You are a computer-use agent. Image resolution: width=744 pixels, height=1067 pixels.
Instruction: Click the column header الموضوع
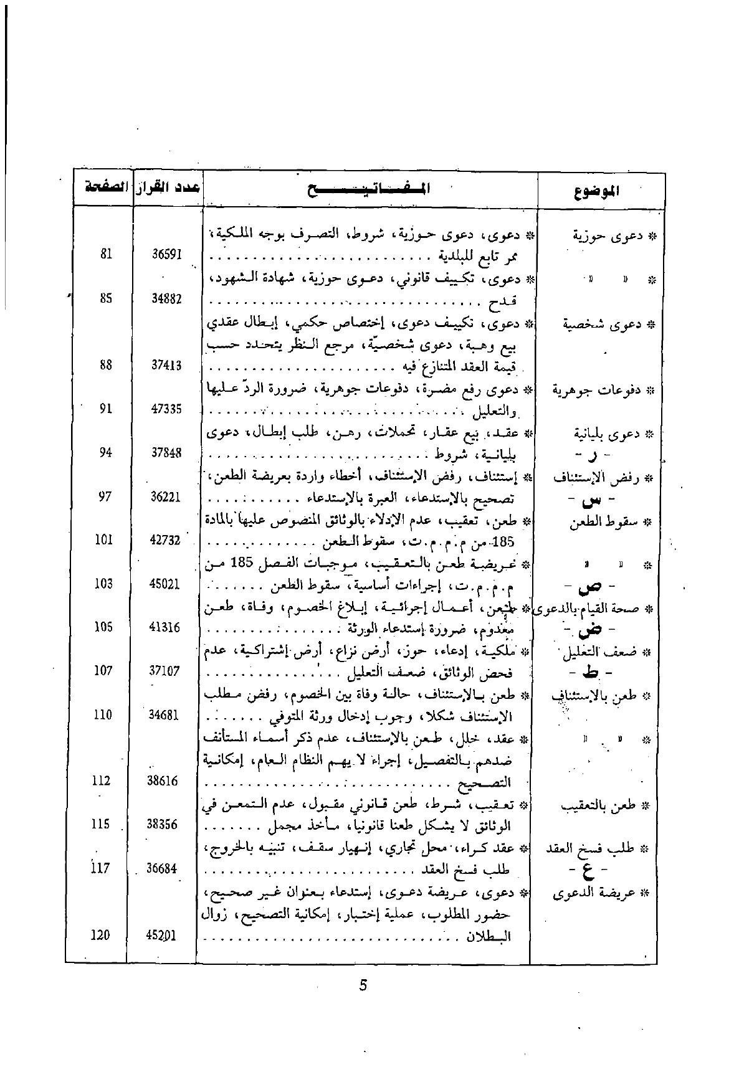click(597, 190)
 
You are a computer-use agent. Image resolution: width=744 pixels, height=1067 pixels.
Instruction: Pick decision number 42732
click(166, 540)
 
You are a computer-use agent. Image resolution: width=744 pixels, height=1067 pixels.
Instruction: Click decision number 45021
click(165, 584)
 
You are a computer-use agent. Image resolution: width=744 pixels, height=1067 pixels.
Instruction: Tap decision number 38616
click(163, 780)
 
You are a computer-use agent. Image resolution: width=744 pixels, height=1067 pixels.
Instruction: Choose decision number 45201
click(163, 935)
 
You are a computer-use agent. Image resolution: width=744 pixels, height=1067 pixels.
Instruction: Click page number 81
click(105, 254)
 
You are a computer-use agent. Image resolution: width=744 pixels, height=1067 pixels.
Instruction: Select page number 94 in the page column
click(105, 452)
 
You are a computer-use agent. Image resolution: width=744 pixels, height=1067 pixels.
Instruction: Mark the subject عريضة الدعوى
click(602, 893)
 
